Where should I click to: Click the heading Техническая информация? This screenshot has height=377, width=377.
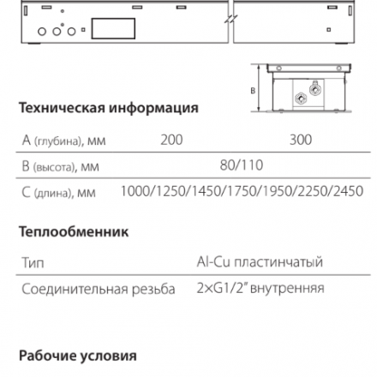(109, 108)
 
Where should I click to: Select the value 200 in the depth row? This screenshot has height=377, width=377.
(171, 140)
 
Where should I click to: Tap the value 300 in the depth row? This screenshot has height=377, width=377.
(301, 140)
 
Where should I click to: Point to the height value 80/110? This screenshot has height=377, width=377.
(242, 165)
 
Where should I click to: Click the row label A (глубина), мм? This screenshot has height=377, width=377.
(63, 141)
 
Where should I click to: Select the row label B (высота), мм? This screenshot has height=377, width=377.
(60, 166)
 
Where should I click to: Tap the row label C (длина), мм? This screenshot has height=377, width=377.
(58, 193)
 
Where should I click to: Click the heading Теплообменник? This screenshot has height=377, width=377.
(74, 231)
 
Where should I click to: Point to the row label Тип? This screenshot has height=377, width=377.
(33, 262)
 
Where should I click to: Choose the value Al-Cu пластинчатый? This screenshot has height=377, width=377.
(260, 261)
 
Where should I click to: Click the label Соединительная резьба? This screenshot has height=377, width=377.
(99, 289)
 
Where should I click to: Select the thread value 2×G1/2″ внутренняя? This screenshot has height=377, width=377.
(260, 288)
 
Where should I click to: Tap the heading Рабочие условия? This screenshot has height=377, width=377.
(78, 356)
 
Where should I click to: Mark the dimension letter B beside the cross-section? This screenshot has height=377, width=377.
(253, 91)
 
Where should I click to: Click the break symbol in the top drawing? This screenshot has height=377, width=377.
(230, 20)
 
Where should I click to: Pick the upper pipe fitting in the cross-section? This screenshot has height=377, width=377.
(315, 88)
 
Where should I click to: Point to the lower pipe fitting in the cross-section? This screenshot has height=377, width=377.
(301, 99)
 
